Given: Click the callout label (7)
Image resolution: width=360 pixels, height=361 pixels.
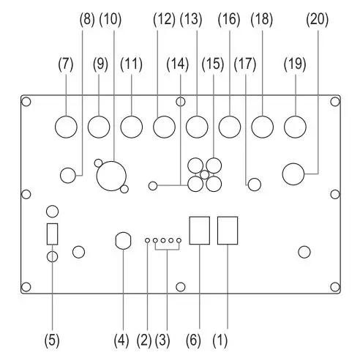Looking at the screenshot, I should tap(66, 64).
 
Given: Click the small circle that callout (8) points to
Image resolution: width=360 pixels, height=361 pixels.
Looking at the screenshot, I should tap(70, 175).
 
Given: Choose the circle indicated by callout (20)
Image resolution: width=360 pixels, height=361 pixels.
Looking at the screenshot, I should tap(295, 174).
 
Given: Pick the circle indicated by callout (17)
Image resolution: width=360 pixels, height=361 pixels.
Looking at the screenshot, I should tap(254, 184).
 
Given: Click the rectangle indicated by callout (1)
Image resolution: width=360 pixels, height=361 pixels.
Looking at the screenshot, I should tap(228, 231).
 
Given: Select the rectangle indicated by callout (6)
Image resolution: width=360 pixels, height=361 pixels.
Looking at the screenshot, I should tap(199, 231).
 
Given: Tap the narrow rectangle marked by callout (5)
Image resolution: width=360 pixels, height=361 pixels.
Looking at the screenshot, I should tap(52, 234).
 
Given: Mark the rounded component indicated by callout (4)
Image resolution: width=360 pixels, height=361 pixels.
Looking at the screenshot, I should tap(124, 241).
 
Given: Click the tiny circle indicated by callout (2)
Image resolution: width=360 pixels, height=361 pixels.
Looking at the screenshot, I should tap(147, 240).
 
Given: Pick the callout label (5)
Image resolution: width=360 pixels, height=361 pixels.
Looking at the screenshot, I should tap(52, 340).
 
